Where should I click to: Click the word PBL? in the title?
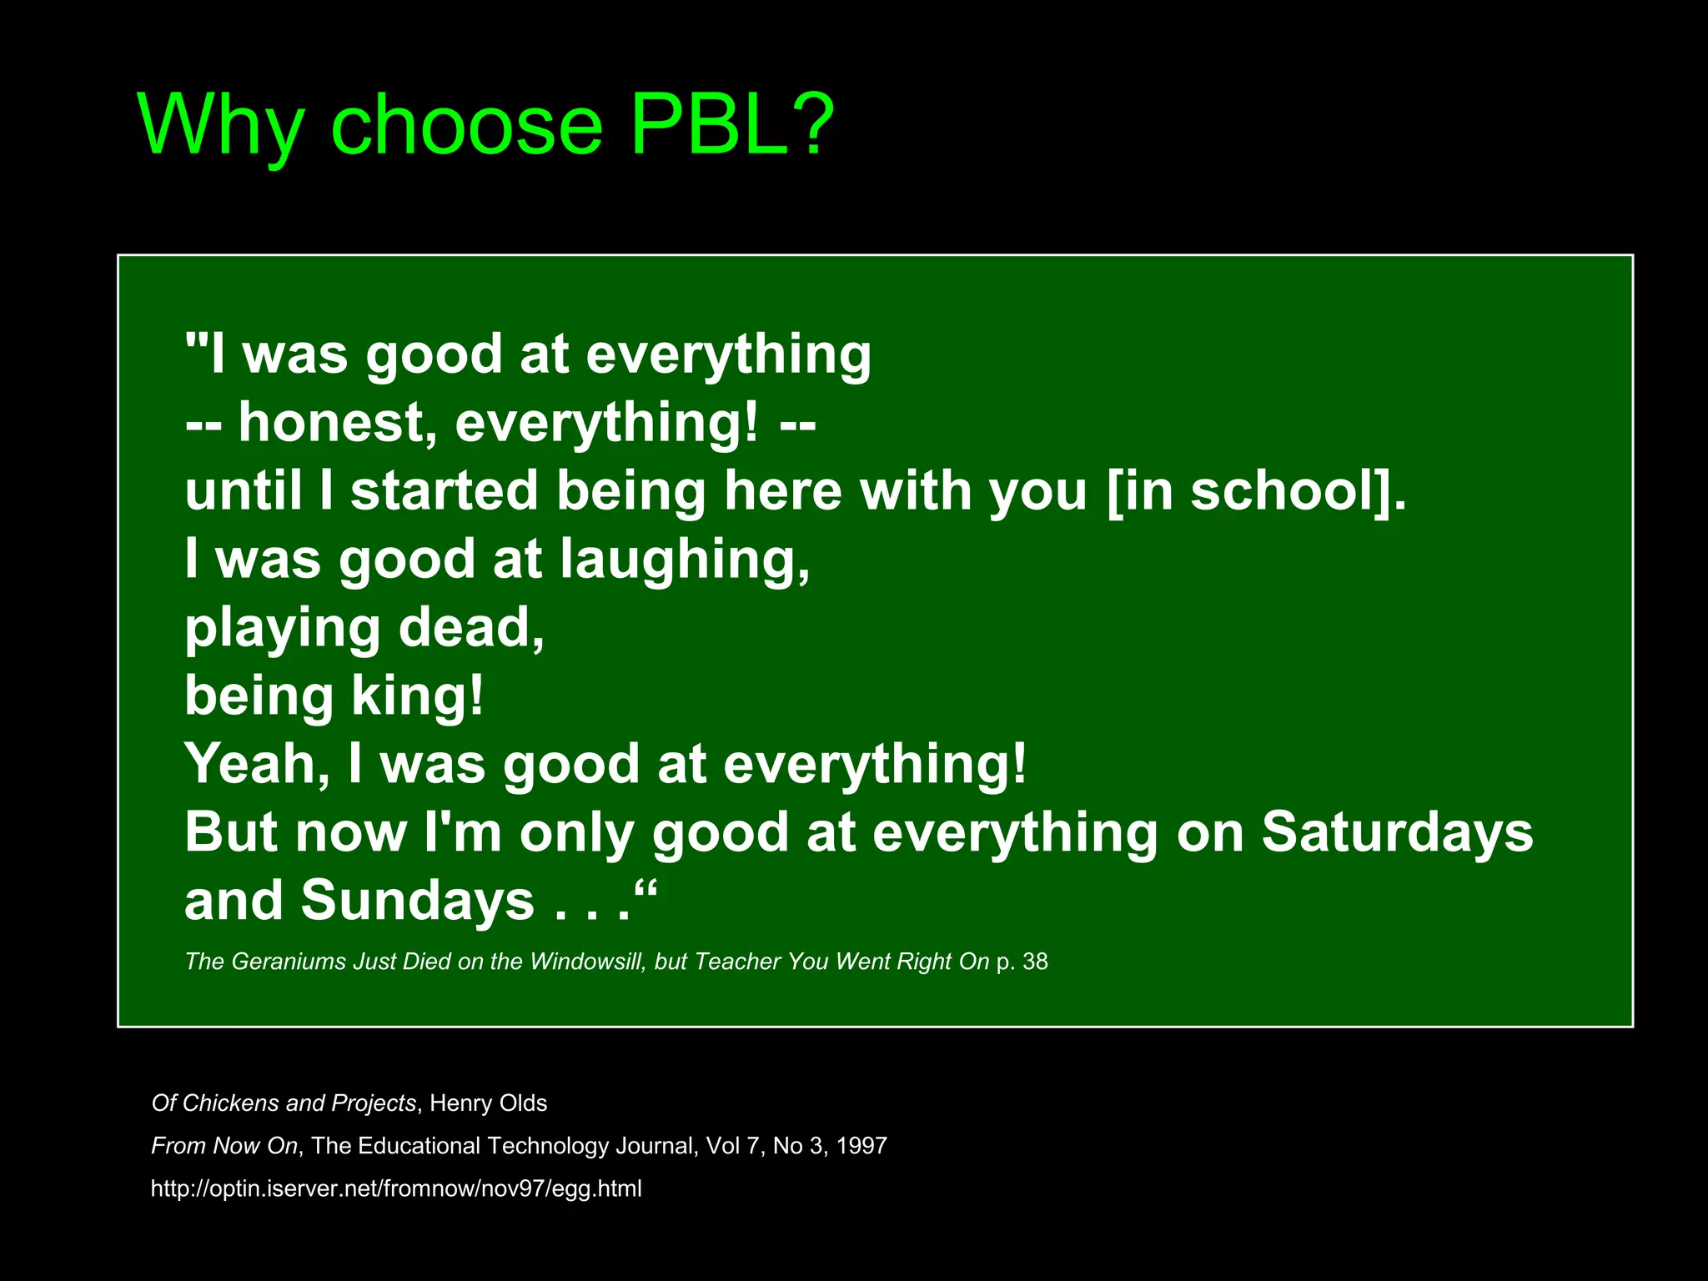point(731,125)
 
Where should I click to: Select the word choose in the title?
point(466,125)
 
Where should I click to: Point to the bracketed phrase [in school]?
point(1256,491)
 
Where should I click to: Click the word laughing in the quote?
point(684,560)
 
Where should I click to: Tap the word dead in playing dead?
point(471,627)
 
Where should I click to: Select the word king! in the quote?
point(417,696)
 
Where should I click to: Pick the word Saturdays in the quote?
point(1397,832)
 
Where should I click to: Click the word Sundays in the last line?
point(417,901)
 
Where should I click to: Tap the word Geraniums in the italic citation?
point(288,962)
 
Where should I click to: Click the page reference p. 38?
point(1022,962)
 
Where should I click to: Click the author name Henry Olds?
point(488,1103)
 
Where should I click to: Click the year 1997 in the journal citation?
point(861,1146)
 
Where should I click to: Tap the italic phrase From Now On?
point(224,1146)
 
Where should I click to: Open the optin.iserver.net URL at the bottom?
point(396,1188)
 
